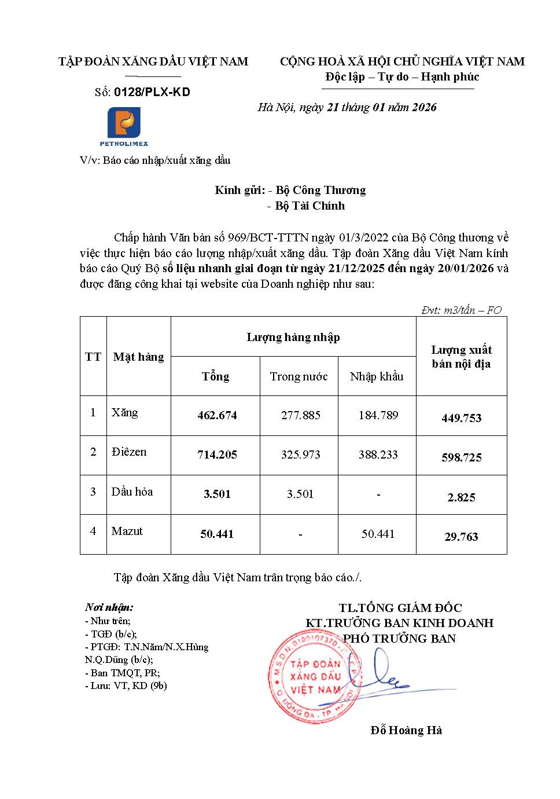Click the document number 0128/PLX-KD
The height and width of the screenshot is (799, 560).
(x=152, y=92)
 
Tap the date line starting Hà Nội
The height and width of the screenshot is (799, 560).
(x=347, y=107)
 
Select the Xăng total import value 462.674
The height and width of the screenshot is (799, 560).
(x=217, y=415)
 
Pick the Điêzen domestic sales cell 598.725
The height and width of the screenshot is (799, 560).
(x=461, y=457)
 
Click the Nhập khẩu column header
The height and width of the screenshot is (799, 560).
(x=377, y=376)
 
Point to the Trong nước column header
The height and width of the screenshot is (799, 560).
(x=299, y=376)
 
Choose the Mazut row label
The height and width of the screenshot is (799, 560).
(x=127, y=531)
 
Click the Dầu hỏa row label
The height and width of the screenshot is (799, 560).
(x=132, y=492)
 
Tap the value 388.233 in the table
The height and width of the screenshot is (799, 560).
(x=378, y=455)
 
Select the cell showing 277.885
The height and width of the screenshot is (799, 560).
(x=300, y=415)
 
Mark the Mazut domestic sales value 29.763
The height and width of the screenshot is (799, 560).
(x=461, y=537)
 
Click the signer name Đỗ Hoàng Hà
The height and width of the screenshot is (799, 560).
(x=406, y=730)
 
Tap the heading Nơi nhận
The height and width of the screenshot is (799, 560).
(x=109, y=607)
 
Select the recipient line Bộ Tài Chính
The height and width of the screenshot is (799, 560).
(x=310, y=206)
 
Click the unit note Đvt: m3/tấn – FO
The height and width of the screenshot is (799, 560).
(x=461, y=310)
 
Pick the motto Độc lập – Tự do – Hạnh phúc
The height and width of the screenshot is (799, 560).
(x=402, y=76)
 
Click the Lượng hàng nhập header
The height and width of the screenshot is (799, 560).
(x=293, y=337)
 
